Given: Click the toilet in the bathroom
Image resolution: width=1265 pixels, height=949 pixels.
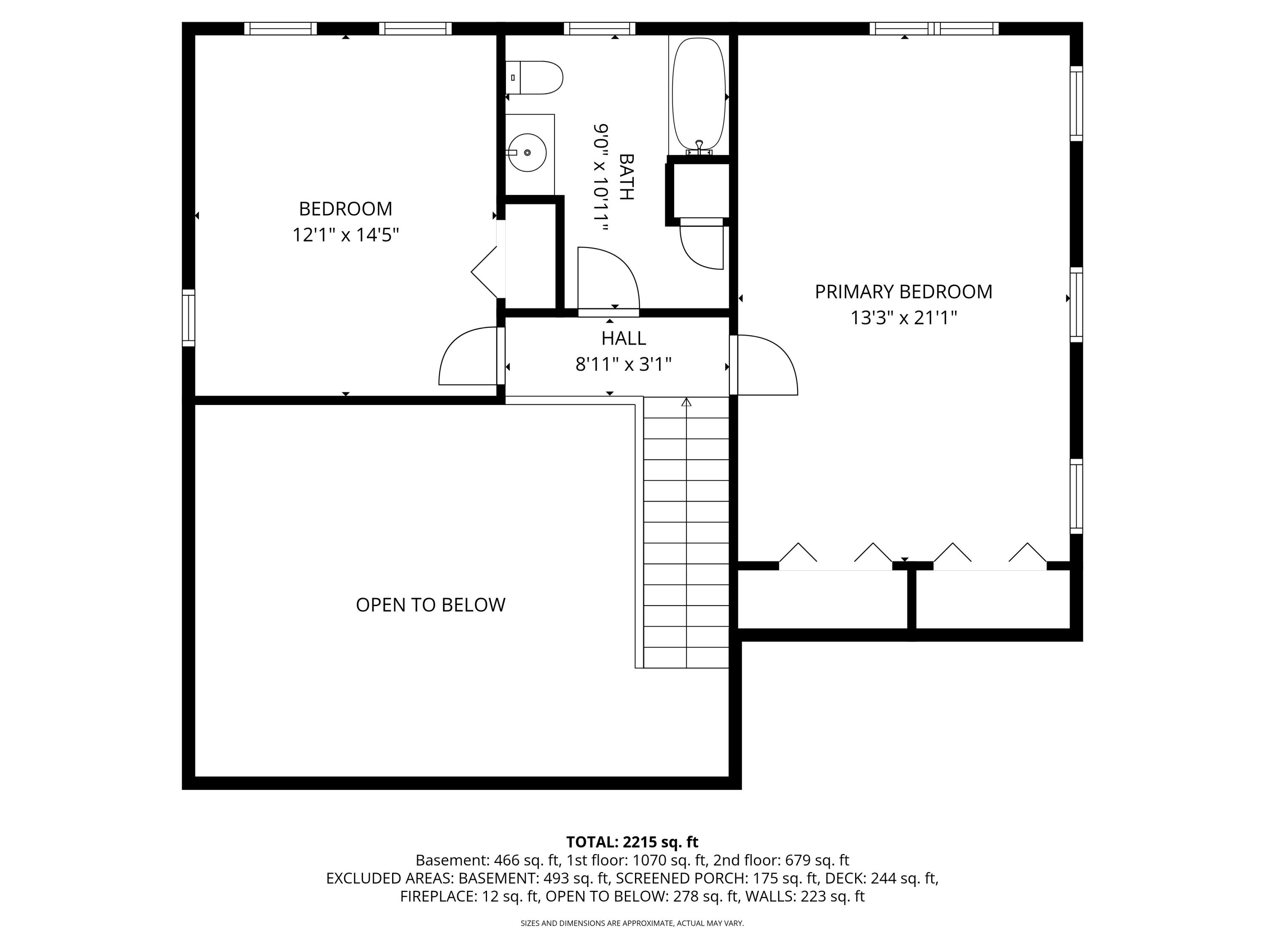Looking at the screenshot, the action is point(534,77).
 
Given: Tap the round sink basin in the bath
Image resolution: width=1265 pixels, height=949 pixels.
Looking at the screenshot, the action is point(527,153).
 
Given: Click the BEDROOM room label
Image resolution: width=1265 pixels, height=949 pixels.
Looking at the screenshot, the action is point(345,209).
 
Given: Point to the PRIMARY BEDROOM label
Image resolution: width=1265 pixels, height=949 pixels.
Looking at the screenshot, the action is point(904,292).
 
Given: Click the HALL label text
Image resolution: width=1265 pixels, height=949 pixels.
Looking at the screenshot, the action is point(623,338).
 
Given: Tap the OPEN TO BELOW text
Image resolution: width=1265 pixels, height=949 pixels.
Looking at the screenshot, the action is point(431,605).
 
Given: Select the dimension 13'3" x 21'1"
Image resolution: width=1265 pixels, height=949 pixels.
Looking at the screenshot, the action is point(904,318).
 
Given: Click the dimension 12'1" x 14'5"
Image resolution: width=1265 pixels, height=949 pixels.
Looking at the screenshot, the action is point(345,235).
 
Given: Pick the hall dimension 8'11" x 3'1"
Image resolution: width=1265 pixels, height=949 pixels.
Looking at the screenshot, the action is point(623,364).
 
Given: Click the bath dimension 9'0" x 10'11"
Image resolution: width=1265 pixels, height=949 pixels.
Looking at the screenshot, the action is point(600,177).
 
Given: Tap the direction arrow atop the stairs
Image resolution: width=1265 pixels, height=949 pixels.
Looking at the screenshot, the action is point(686,402).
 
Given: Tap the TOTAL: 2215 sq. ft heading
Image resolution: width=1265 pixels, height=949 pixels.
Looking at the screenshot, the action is point(632,842).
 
